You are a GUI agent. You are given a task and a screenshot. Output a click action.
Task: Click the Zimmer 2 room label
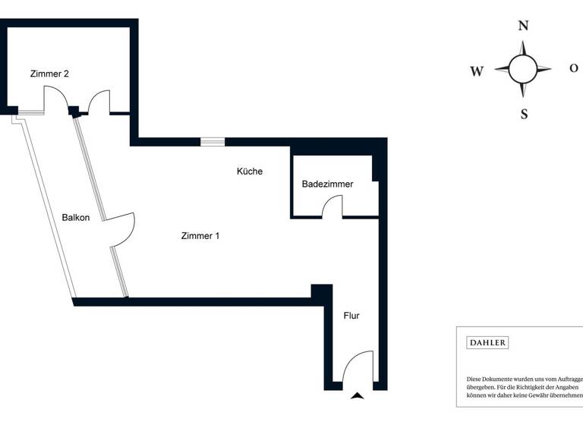pyautogui.click(x=50, y=74)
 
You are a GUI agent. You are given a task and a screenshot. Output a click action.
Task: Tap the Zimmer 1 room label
pyautogui.click(x=200, y=236)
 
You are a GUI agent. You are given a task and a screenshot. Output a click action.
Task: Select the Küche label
pyautogui.click(x=250, y=172)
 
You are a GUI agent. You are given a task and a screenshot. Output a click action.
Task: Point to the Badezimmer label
pyautogui.click(x=327, y=184)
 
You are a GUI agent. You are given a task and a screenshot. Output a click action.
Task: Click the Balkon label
pyautogui.click(x=76, y=218)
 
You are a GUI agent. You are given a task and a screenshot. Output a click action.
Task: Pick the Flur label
pyautogui.click(x=351, y=316)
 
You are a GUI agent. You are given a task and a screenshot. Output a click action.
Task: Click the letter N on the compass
pyautogui.click(x=523, y=26)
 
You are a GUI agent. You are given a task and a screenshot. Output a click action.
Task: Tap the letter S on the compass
pyautogui.click(x=524, y=115)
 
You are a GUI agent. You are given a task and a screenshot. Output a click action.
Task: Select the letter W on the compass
pyautogui.click(x=477, y=72)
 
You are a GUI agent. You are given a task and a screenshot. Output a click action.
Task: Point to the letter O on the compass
pyautogui.click(x=574, y=68)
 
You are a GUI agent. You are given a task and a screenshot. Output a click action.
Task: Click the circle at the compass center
pyautogui.click(x=523, y=69)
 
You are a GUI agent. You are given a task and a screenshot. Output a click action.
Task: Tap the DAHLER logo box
pyautogui.click(x=487, y=343)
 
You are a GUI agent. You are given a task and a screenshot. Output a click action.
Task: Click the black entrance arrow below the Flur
pyautogui.click(x=357, y=395)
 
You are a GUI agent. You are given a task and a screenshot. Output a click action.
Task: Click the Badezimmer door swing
pyautogui.click(x=332, y=207)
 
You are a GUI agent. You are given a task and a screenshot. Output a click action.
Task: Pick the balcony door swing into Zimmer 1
pyautogui.click(x=123, y=229)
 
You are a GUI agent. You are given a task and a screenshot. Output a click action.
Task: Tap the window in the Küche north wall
pyautogui.click(x=213, y=142)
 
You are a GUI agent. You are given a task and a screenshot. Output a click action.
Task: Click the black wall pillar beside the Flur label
pyautogui.click(x=322, y=292)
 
